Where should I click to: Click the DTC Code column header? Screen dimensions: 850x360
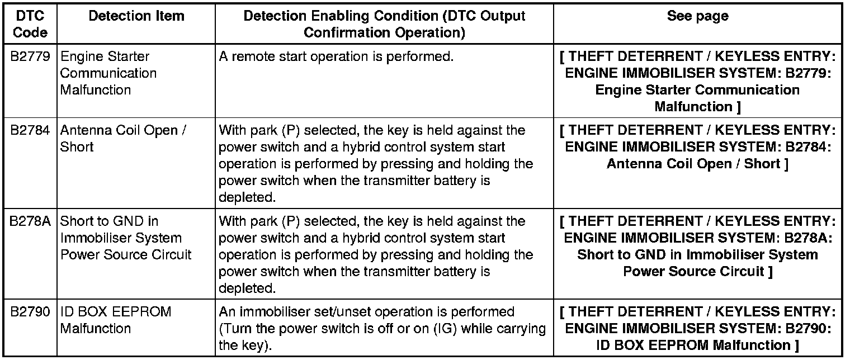tap(30, 24)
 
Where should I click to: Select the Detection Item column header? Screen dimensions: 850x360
tap(136, 16)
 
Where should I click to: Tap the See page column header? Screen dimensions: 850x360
tap(697, 16)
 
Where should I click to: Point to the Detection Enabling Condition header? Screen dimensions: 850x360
tap(384, 24)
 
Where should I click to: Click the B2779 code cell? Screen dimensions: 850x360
tap(30, 57)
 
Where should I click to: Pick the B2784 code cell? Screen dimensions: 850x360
tap(30, 131)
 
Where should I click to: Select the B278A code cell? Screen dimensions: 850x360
tap(30, 221)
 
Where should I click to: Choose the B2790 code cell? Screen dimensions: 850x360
tap(30, 312)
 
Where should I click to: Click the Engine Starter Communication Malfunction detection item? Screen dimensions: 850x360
tap(108, 73)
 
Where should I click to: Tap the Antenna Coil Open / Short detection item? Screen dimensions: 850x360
tap(123, 139)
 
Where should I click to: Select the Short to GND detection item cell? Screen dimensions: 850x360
tap(125, 238)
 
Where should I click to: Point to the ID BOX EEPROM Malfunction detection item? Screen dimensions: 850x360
tap(115, 320)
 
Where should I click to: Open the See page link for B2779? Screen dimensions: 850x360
tap(697, 82)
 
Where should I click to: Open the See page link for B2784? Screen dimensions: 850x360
tap(697, 147)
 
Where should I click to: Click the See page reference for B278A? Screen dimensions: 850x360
tap(697, 246)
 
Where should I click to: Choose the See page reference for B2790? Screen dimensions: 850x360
tap(697, 328)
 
